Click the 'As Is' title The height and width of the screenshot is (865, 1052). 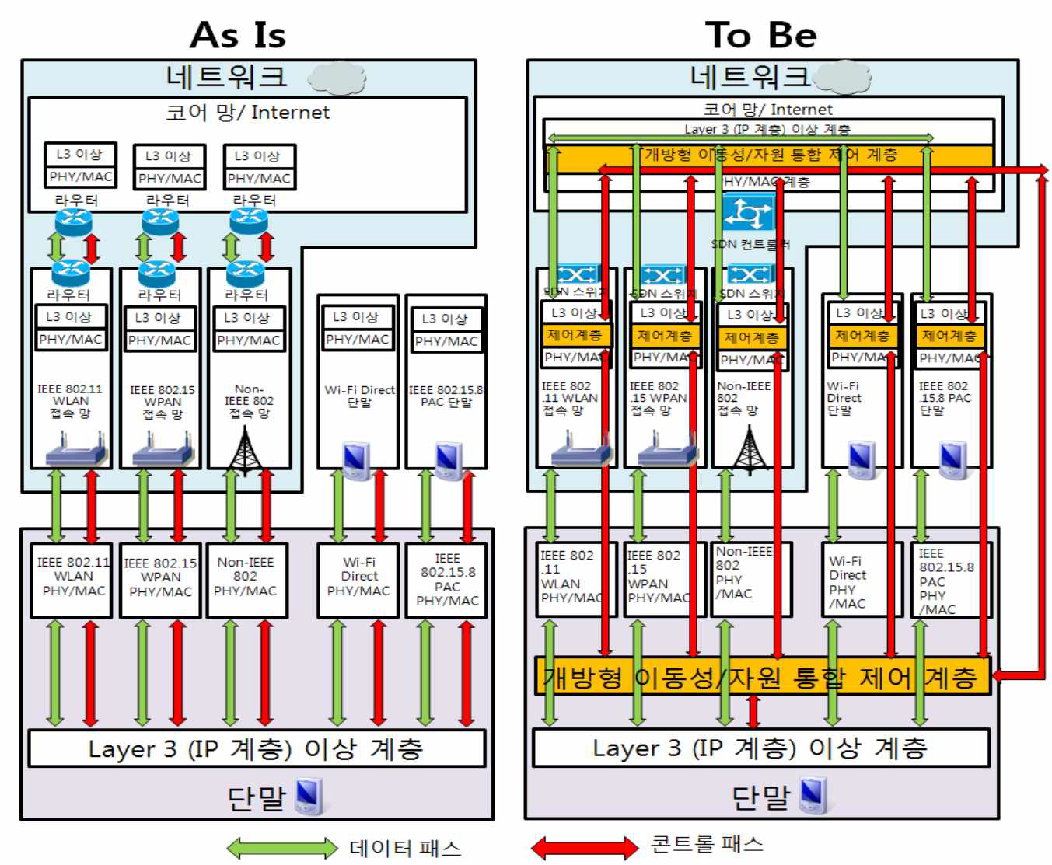click(238, 35)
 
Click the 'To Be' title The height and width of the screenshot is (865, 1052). click(760, 35)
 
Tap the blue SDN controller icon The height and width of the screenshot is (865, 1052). click(749, 213)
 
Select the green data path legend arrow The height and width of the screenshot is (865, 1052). click(281, 847)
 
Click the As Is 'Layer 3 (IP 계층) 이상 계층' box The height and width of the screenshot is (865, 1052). click(256, 748)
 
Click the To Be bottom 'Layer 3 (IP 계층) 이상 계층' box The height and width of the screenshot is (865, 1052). click(760, 748)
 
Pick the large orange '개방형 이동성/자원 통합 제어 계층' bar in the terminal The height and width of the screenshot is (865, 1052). click(761, 677)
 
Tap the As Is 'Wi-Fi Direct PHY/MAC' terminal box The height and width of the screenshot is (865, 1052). click(358, 577)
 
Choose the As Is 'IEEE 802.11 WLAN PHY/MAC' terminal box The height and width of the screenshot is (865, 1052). click(73, 577)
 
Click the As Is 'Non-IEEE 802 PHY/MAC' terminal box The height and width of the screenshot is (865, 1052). click(246, 577)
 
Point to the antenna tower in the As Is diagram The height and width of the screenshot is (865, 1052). click(245, 449)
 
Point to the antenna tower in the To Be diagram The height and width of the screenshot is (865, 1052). click(750, 449)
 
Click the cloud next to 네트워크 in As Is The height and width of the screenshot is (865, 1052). click(337, 78)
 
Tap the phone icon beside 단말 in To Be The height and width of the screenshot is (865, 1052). click(813, 795)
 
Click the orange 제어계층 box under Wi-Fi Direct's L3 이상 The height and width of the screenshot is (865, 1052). click(862, 336)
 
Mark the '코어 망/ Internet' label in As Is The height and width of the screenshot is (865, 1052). click(247, 113)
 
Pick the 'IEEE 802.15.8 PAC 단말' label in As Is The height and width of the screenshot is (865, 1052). click(446, 396)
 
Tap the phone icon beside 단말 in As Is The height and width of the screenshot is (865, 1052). click(309, 796)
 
